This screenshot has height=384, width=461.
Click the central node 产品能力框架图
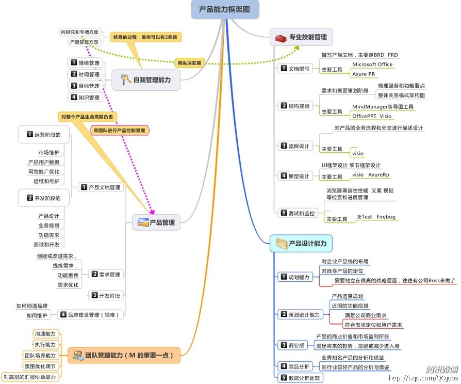[225, 9]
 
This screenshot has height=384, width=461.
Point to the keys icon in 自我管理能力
[125, 79]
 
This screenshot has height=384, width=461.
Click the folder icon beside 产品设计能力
[281, 243]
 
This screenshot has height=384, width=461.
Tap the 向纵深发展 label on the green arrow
[189, 62]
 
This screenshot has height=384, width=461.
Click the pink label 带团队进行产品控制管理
[120, 131]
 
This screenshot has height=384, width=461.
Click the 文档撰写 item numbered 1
[295, 69]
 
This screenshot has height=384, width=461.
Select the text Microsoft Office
[372, 65]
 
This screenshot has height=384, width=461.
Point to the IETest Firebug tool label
[376, 217]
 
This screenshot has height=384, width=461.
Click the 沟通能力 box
[45, 334]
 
